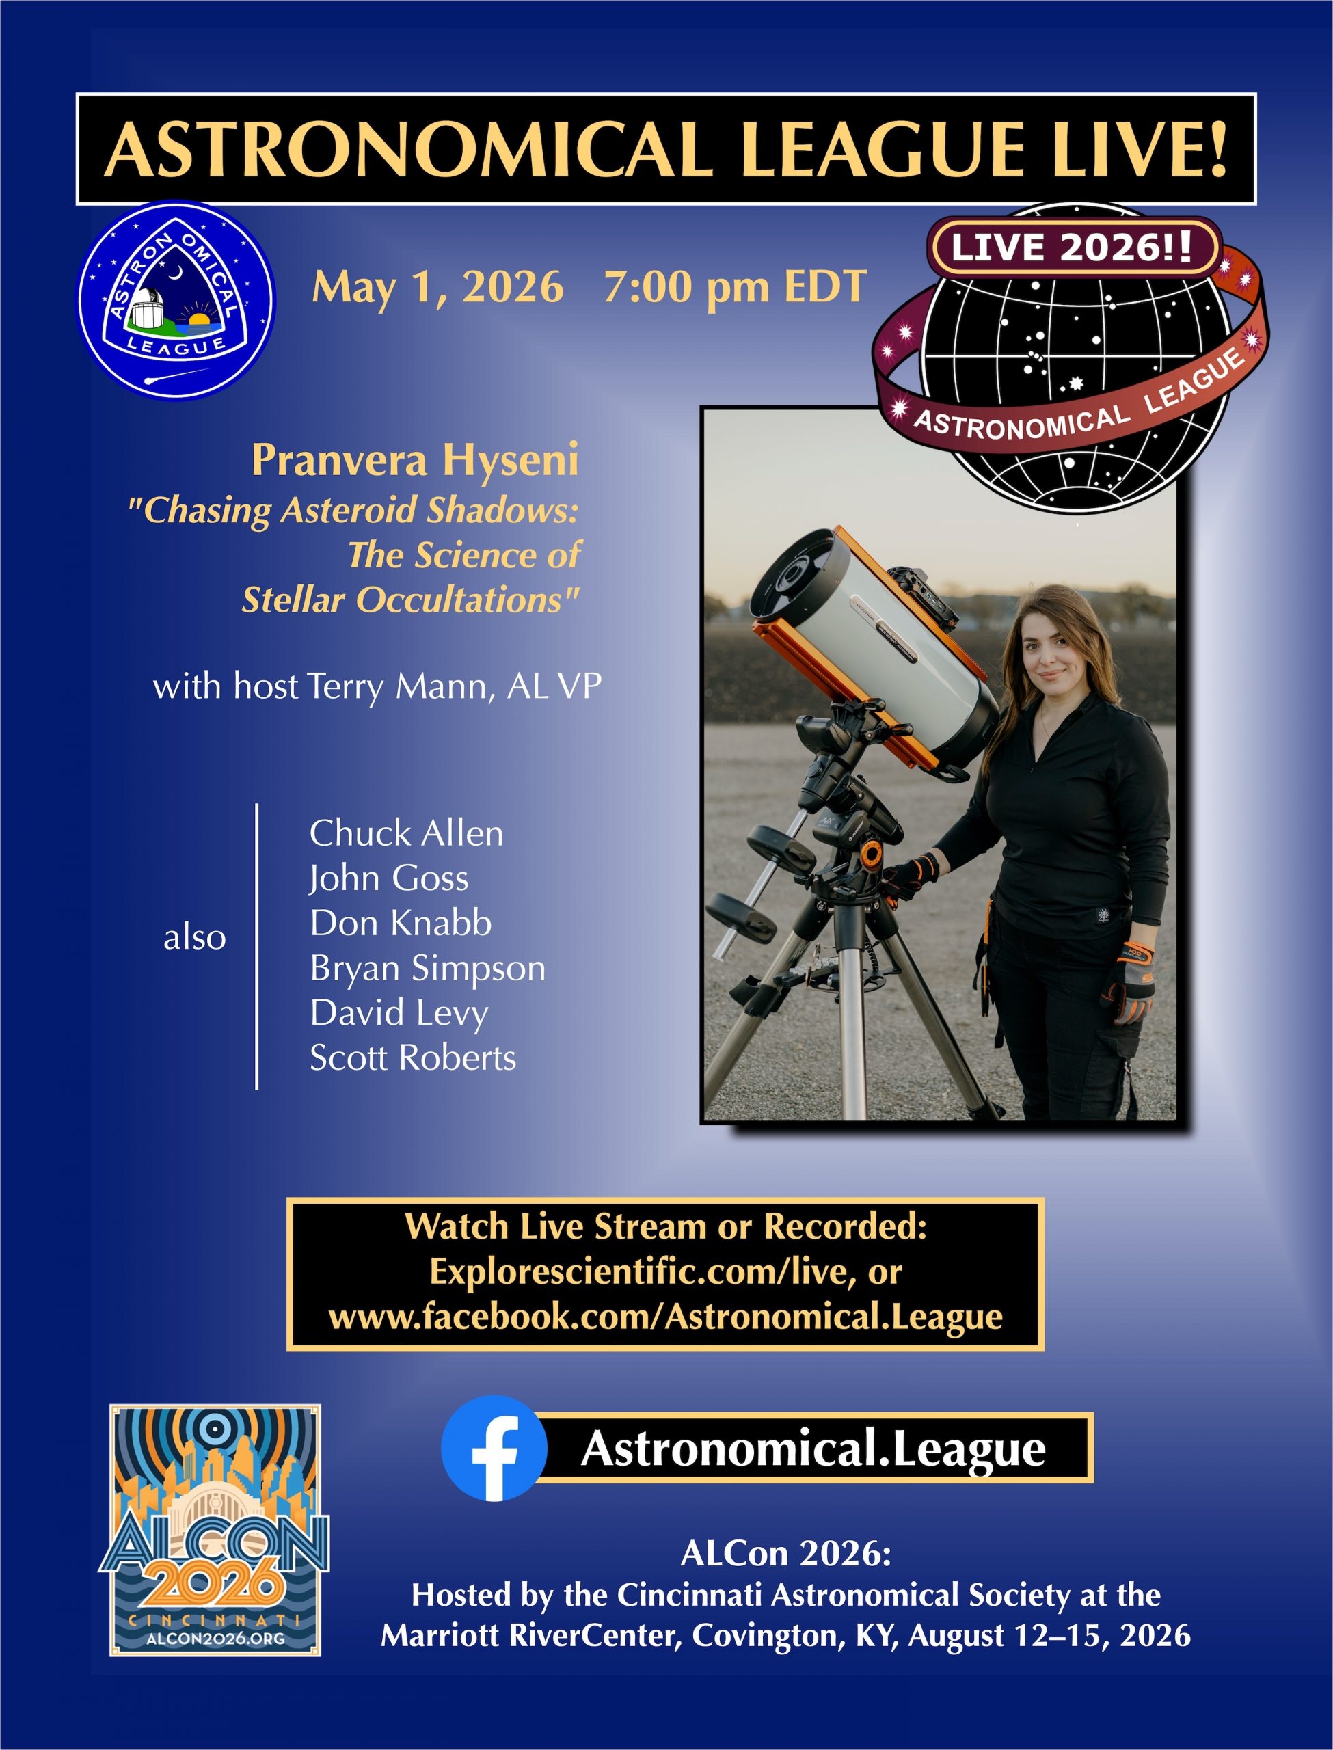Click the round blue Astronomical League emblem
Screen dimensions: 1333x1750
176,300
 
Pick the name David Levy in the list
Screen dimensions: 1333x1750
399,1014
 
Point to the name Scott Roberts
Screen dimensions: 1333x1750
413,1058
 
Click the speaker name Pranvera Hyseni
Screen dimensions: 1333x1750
415,460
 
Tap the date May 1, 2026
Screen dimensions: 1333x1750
438,287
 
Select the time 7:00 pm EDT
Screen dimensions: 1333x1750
735,287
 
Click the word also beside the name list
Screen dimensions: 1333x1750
194,938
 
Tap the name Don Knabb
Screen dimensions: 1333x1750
401,924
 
